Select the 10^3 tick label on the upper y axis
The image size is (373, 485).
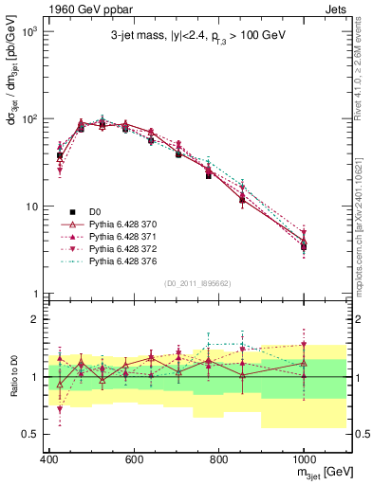(x=26, y=32)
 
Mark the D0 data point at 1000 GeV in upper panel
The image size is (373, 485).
(x=304, y=246)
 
